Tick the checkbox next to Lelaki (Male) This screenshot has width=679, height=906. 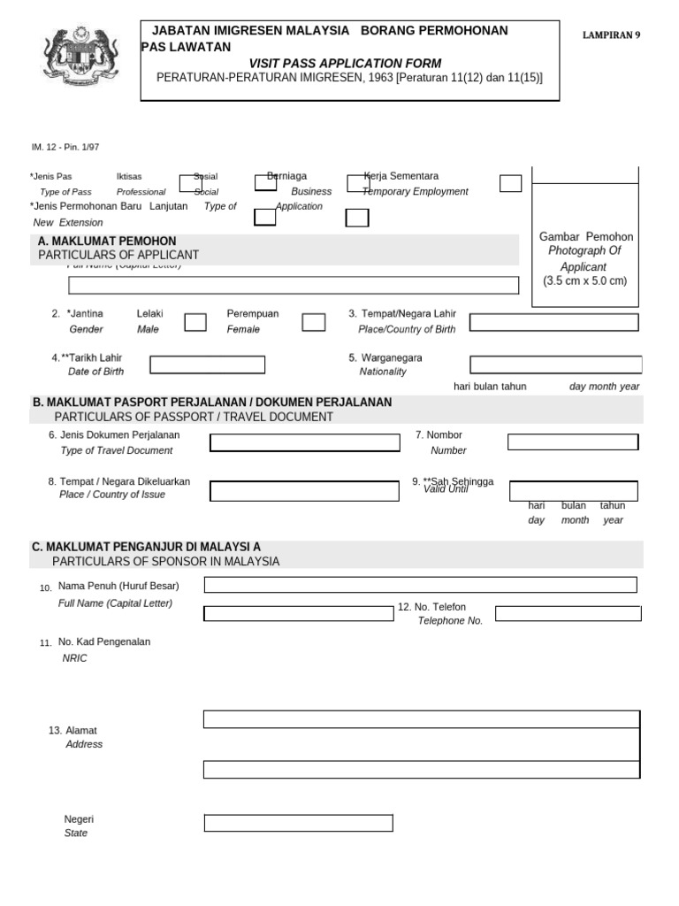pyautogui.click(x=195, y=322)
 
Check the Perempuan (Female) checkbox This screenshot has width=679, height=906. pyautogui.click(x=314, y=322)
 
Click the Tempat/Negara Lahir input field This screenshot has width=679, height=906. pyautogui.click(x=553, y=322)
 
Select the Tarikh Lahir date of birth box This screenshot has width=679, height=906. pyautogui.click(x=208, y=365)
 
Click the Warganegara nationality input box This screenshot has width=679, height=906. pyautogui.click(x=553, y=365)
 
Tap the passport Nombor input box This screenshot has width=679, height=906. pyautogui.click(x=572, y=442)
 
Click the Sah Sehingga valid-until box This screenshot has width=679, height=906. pyautogui.click(x=574, y=491)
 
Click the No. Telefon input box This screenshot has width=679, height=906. pyautogui.click(x=566, y=613)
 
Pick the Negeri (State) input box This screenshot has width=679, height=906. pyautogui.click(x=298, y=824)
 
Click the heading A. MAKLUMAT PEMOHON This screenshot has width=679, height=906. pyautogui.click(x=107, y=242)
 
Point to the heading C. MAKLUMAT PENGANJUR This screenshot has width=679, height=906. pyautogui.click(x=147, y=547)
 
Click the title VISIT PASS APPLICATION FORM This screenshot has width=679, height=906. pyautogui.click(x=345, y=63)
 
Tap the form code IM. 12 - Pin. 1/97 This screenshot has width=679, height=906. pyautogui.click(x=59, y=148)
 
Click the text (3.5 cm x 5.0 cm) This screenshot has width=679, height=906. pyautogui.click(x=584, y=281)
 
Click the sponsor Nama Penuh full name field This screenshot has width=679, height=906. pyautogui.click(x=420, y=585)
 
